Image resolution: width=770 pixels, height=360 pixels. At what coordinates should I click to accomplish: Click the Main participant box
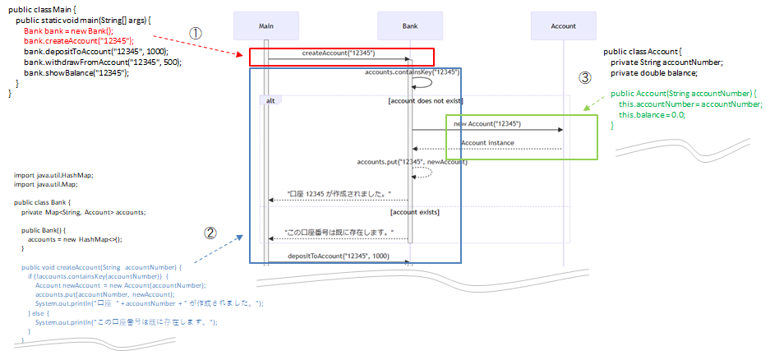click(265, 25)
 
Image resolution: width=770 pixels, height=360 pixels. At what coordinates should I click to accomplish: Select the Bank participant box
click(410, 25)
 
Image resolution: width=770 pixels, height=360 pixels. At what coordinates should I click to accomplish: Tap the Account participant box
click(563, 25)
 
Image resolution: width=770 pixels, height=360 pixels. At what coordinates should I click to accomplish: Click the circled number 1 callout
click(196, 32)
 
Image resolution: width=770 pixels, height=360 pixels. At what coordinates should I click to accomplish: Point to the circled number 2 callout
click(210, 233)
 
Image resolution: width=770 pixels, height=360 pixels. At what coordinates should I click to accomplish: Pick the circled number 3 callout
click(584, 78)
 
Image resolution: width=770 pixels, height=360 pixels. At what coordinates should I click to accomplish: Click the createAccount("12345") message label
click(339, 53)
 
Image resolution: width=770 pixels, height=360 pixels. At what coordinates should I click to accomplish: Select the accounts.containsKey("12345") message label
click(412, 72)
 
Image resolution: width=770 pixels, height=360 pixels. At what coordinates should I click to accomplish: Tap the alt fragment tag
click(270, 100)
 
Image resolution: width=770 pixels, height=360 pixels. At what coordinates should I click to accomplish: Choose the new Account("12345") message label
click(486, 124)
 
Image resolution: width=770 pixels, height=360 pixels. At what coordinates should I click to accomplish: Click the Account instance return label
click(487, 143)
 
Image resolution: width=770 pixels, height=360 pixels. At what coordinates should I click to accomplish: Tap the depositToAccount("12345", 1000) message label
click(339, 256)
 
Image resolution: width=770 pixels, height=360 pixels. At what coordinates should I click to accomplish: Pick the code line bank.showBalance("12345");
click(76, 72)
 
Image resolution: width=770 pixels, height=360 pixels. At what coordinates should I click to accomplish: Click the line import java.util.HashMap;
click(54, 175)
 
